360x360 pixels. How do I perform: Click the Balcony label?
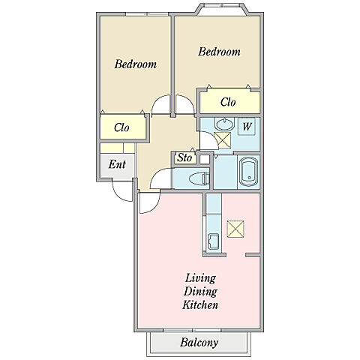pyautogui.click(x=199, y=343)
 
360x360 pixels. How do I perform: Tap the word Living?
pyautogui.click(x=200, y=278)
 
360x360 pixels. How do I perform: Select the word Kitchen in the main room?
pyautogui.click(x=200, y=305)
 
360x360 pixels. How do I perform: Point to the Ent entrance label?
pyautogui.click(x=117, y=164)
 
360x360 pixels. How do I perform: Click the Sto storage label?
pyautogui.click(x=184, y=157)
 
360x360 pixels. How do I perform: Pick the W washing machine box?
pyautogui.click(x=247, y=127)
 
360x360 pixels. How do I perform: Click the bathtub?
pyautogui.click(x=249, y=172)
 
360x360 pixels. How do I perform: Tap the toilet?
pyautogui.click(x=199, y=178)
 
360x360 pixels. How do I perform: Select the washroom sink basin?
pyautogui.click(x=224, y=124)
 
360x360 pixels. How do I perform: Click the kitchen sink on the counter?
pyautogui.click(x=213, y=241)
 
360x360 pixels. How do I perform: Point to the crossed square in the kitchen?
pyautogui.click(x=235, y=229)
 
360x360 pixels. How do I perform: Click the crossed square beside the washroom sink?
pyautogui.click(x=223, y=140)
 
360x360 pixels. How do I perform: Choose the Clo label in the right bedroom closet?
pyautogui.click(x=228, y=102)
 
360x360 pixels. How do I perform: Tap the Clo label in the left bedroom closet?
pyautogui.click(x=121, y=127)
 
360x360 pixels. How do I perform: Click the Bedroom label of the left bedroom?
pyautogui.click(x=136, y=64)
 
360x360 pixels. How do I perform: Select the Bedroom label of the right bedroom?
pyautogui.click(x=219, y=52)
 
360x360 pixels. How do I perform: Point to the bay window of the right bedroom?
pyautogui.click(x=222, y=9)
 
